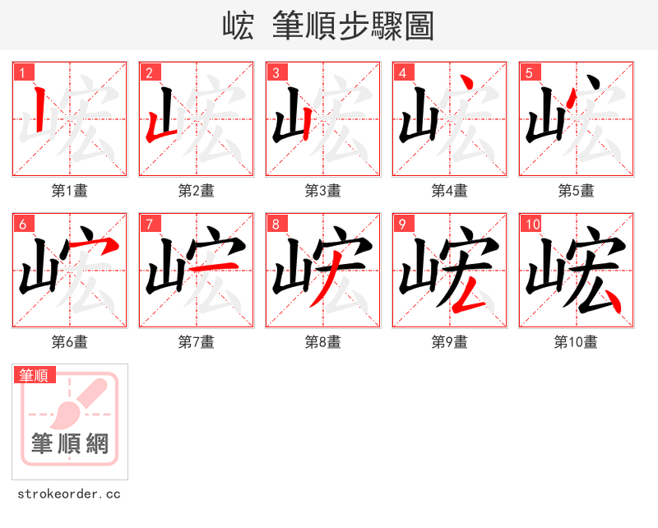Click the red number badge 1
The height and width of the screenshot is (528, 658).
pos(23,72)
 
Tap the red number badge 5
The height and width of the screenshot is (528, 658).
pos(530,72)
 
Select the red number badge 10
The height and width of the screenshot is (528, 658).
pos(532,224)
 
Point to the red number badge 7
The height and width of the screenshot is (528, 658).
pos(150,224)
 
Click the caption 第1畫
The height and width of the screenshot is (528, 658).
pos(70,191)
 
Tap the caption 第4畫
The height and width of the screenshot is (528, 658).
pos(450,191)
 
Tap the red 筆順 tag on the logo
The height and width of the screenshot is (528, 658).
pos(35,376)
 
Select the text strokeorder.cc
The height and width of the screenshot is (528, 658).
pos(69,494)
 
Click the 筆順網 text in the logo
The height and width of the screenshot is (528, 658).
pos(70,445)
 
